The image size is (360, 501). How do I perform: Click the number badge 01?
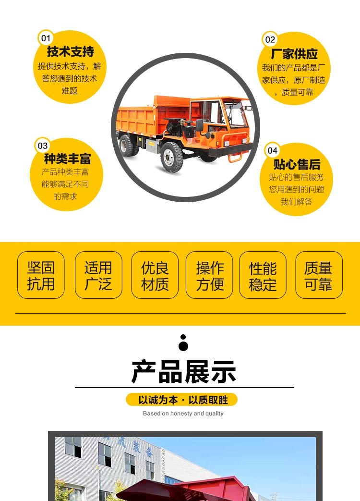coord(46,38)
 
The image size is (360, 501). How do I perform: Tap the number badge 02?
coord(270,39)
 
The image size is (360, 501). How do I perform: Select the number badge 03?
coord(42,146)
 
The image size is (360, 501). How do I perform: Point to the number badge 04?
coord(273,150)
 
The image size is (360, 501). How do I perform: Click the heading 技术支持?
coord(71,51)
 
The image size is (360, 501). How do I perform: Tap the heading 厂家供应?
coord(294,54)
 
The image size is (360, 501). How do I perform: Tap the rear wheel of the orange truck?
coord(128,146)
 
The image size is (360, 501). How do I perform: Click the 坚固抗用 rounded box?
coord(41,275)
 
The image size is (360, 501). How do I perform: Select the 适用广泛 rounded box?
coord(98,275)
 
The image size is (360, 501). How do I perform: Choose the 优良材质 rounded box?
coord(155,275)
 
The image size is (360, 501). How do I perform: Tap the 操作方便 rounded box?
coord(209,275)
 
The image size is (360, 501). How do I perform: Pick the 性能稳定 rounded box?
coord(263,275)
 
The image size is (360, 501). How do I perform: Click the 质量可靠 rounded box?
coord(319,275)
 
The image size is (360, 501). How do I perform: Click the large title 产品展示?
coord(184,372)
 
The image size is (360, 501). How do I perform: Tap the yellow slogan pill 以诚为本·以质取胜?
coord(182,400)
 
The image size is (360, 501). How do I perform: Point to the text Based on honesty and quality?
coord(183,414)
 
